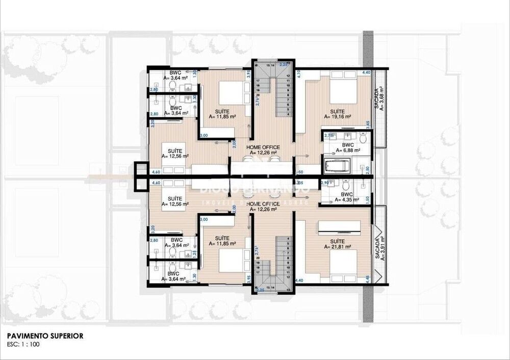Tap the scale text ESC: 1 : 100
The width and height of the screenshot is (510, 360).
click(x=23, y=344)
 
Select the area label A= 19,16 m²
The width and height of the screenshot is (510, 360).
click(x=337, y=117)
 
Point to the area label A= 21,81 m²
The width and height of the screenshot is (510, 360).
click(x=338, y=246)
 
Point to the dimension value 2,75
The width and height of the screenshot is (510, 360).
click(x=328, y=136)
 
